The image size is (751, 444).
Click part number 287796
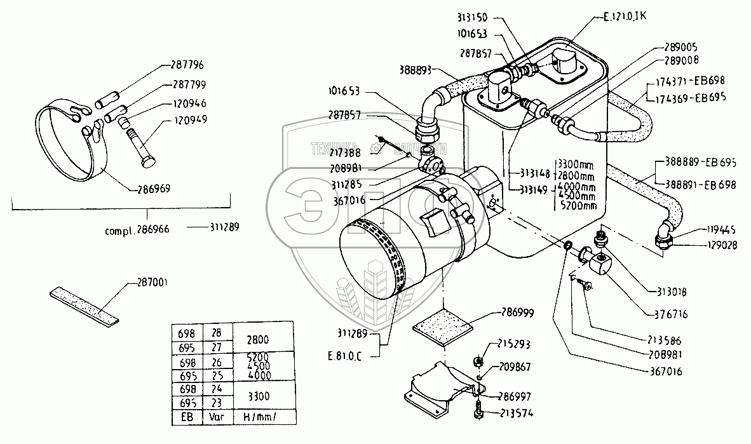tap(188, 64)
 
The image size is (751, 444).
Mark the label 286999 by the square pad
tap(517, 313)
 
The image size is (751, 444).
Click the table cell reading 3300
tap(260, 396)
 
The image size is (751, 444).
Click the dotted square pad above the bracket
tap(443, 330)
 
